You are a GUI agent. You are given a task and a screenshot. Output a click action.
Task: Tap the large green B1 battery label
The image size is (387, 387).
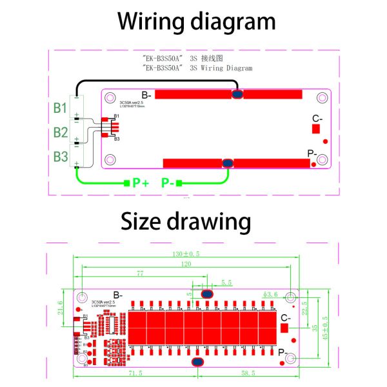tap(60, 108)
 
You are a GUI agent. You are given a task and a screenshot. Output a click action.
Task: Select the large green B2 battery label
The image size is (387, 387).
tap(60, 132)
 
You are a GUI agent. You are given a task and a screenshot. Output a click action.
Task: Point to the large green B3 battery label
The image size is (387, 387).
tap(60, 156)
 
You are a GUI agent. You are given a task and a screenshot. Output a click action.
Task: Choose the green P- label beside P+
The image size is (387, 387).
tap(169, 183)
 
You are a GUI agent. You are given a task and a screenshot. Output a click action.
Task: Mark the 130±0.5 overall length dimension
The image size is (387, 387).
tap(186, 254)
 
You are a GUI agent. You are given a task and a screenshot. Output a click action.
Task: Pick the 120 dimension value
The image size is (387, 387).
tap(186, 264)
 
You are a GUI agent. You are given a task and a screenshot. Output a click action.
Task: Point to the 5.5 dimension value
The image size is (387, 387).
tap(226, 283)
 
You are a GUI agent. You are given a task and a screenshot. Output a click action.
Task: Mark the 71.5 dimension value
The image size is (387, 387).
tap(134, 373)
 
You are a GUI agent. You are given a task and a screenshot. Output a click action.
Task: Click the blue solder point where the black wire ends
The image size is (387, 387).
tap(237, 95)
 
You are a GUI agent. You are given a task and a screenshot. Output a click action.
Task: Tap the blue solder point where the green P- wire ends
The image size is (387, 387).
tap(227, 163)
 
